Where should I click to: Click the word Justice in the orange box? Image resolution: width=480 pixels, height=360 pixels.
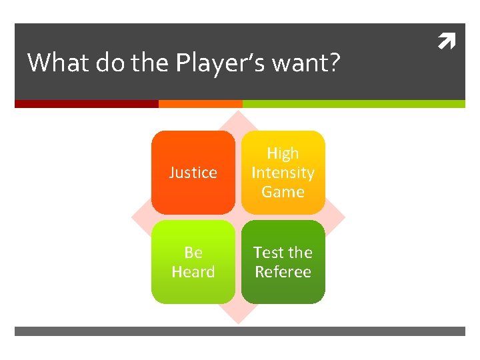click(x=193, y=173)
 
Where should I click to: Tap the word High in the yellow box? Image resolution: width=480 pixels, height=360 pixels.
click(x=283, y=153)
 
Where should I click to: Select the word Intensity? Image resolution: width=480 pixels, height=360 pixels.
click(x=283, y=173)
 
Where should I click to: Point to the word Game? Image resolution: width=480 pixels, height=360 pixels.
click(x=283, y=192)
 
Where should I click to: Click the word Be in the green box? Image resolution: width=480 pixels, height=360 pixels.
click(x=193, y=253)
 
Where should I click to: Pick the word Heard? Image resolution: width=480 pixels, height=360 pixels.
click(x=193, y=272)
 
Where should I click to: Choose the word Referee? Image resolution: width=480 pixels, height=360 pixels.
click(x=283, y=272)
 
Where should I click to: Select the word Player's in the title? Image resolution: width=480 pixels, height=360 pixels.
click(x=220, y=63)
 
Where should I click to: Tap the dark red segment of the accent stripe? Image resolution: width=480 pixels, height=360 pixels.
click(x=86, y=104)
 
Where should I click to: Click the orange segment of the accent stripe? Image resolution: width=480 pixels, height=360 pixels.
click(x=200, y=104)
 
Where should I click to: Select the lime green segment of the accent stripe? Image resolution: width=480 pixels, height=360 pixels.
click(x=353, y=104)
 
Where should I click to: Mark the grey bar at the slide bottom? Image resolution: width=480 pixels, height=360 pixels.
click(x=240, y=331)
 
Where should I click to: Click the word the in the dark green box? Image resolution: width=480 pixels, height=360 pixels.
click(x=300, y=253)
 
